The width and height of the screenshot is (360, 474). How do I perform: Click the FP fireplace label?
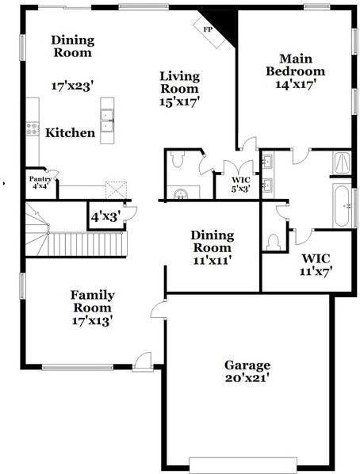point(208,29)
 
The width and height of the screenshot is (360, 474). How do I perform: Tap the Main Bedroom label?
point(296,65)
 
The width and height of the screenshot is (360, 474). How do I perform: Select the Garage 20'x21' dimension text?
point(247,378)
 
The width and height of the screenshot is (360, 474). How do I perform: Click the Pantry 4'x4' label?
point(40,182)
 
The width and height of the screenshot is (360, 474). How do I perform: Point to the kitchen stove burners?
point(33,128)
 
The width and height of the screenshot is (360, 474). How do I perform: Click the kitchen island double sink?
point(107,120)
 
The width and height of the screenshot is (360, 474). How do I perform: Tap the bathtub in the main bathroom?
point(342,205)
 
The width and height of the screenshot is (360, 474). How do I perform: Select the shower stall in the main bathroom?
point(342,163)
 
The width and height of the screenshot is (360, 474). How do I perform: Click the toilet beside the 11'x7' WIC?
point(274,242)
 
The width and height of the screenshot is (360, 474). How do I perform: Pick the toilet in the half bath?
point(177,159)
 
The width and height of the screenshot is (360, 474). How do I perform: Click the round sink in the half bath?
point(181,194)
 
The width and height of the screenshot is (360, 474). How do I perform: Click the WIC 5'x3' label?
point(240,185)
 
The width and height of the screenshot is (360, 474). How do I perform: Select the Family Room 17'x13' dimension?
point(93,321)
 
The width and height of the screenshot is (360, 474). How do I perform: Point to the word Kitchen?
point(71,132)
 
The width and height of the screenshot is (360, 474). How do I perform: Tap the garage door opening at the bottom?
point(243,465)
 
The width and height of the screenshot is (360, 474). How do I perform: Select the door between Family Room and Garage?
point(159,309)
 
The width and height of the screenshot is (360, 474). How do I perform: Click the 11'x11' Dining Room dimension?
point(213,260)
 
